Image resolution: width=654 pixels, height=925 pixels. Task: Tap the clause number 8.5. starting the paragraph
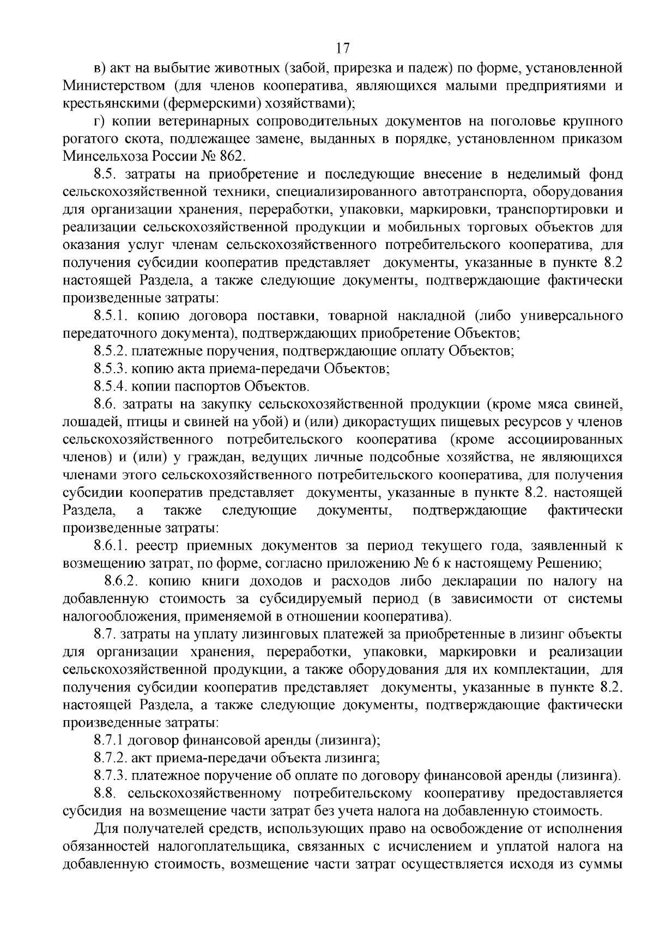click(x=106, y=174)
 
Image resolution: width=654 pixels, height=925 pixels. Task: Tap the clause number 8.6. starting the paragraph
click(x=106, y=405)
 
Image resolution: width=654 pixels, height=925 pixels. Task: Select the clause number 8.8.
click(x=106, y=793)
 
